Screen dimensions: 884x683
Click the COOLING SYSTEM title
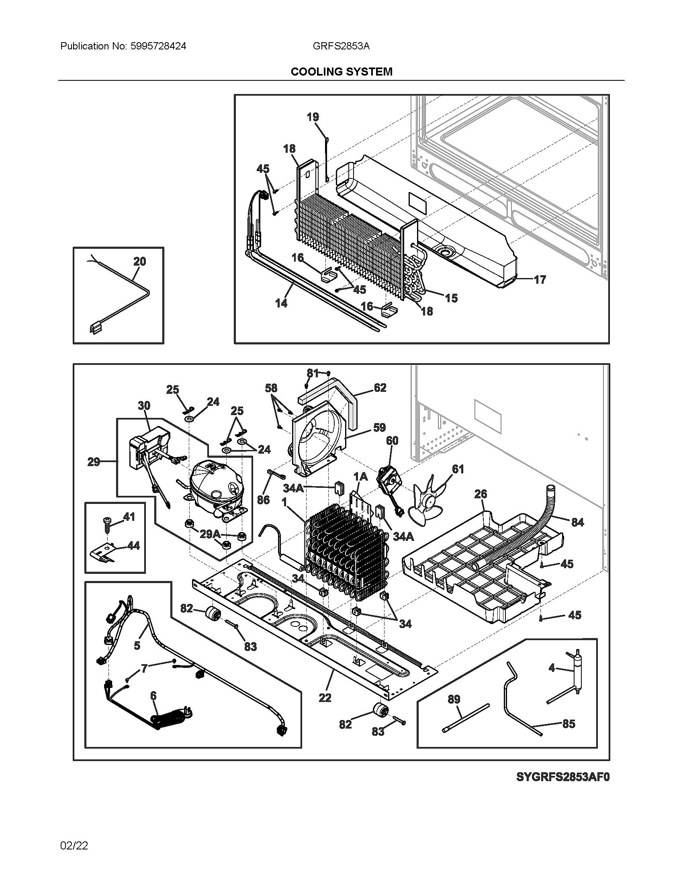click(341, 72)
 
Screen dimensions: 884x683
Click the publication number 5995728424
click(158, 46)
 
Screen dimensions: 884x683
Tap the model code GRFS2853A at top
click(341, 46)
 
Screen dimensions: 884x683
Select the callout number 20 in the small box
click(139, 262)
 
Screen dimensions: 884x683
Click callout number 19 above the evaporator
click(313, 117)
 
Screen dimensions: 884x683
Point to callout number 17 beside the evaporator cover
click(540, 279)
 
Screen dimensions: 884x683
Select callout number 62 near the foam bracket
click(380, 388)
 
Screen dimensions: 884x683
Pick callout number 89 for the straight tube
click(454, 699)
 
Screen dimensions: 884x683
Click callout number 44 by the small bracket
click(133, 545)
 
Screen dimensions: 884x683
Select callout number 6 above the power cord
click(153, 696)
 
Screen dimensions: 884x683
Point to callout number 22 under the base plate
click(325, 698)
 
